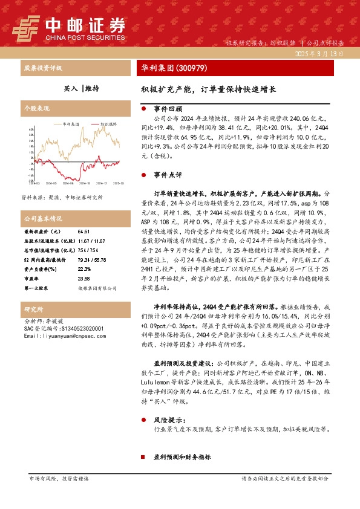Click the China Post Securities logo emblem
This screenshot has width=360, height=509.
pos(26,28)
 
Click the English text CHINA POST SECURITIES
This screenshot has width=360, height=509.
pos(85,36)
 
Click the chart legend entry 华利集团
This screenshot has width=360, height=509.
pos(71,123)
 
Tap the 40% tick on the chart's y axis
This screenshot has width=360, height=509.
pos(31,129)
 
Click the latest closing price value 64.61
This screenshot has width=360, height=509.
pos(83,232)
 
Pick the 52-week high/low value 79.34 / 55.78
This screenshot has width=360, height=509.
pos(92,259)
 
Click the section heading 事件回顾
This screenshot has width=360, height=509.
pos(168,109)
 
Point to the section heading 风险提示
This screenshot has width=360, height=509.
pos(168,418)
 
